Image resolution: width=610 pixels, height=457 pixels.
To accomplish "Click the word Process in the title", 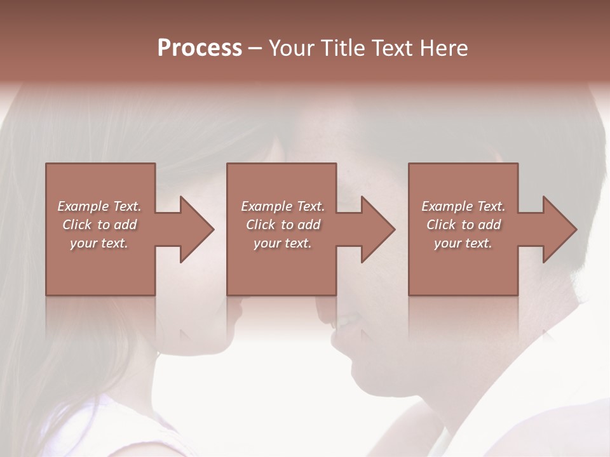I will [x=200, y=48].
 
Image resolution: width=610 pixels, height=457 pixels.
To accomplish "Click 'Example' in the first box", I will [x=83, y=206].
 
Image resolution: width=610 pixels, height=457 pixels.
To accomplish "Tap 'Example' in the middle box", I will [x=266, y=206].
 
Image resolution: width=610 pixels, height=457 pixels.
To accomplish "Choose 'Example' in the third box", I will [x=447, y=206].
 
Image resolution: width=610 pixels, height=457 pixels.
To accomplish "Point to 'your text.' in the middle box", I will [x=282, y=243].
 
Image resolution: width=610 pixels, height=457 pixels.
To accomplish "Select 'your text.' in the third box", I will [x=463, y=243].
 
